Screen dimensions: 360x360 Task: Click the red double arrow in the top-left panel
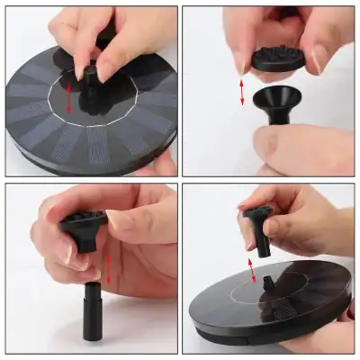pyautogui.click(x=69, y=98)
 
